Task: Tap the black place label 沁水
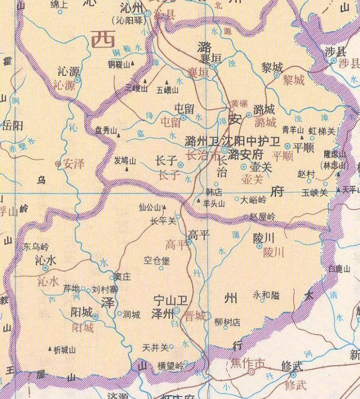tap(45, 260)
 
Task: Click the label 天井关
tap(155, 348)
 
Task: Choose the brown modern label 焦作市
tap(248, 363)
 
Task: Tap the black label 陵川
tap(264, 237)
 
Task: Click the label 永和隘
tap(266, 294)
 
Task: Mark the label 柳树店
tap(227, 322)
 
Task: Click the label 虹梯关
tap(323, 132)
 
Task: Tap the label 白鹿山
tap(339, 269)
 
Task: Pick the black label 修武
tap(293, 366)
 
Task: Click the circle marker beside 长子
tap(180, 164)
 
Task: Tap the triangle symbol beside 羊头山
tap(199, 202)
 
